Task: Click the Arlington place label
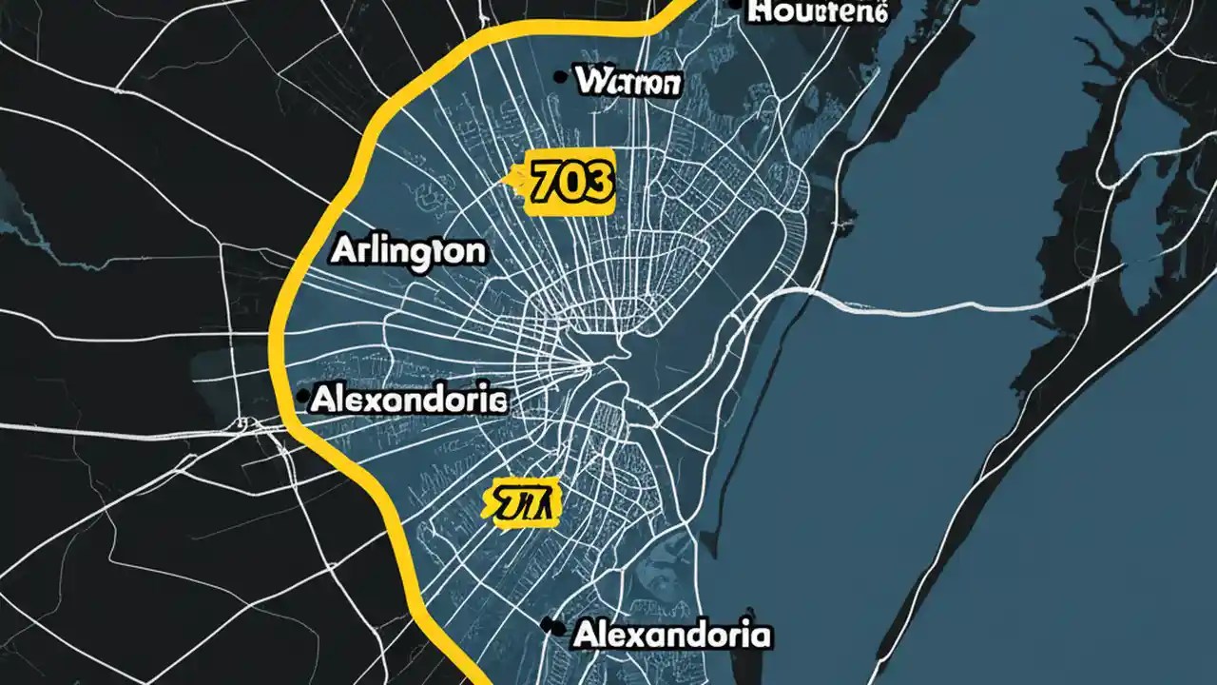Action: pyautogui.click(x=408, y=251)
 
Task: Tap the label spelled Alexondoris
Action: pyautogui.click(x=409, y=401)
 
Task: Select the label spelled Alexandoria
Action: pyautogui.click(x=670, y=634)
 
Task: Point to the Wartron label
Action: pyautogui.click(x=628, y=83)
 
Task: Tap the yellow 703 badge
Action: pyautogui.click(x=567, y=181)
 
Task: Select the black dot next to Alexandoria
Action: pyautogui.click(x=548, y=625)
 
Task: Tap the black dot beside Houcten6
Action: pyautogui.click(x=734, y=5)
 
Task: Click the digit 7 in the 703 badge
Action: pyautogui.click(x=541, y=182)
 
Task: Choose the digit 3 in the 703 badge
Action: pyautogui.click(x=596, y=182)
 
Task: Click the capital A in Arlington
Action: pyautogui.click(x=344, y=251)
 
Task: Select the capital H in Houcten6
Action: pyautogui.click(x=761, y=11)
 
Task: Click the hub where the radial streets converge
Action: pyautogui.click(x=594, y=362)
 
